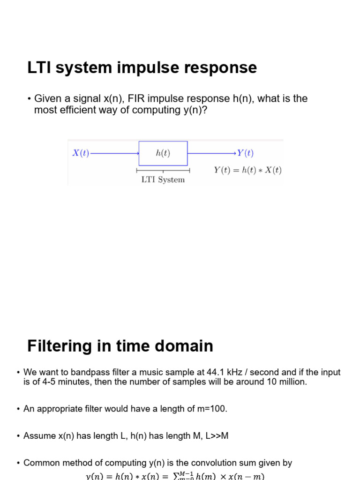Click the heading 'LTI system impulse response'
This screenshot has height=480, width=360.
(x=142, y=68)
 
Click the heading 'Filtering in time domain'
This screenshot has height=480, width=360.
(x=120, y=346)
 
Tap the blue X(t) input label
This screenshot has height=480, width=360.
(x=81, y=153)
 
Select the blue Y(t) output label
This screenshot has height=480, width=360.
(x=245, y=153)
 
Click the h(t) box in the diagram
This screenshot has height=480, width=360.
(x=163, y=153)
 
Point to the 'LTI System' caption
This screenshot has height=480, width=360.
(x=163, y=180)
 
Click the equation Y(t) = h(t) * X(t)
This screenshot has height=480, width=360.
(x=247, y=170)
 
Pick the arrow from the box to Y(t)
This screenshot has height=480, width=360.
(x=212, y=153)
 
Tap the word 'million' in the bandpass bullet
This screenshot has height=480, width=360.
(x=292, y=382)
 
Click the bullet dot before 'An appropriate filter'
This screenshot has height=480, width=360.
(x=17, y=409)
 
